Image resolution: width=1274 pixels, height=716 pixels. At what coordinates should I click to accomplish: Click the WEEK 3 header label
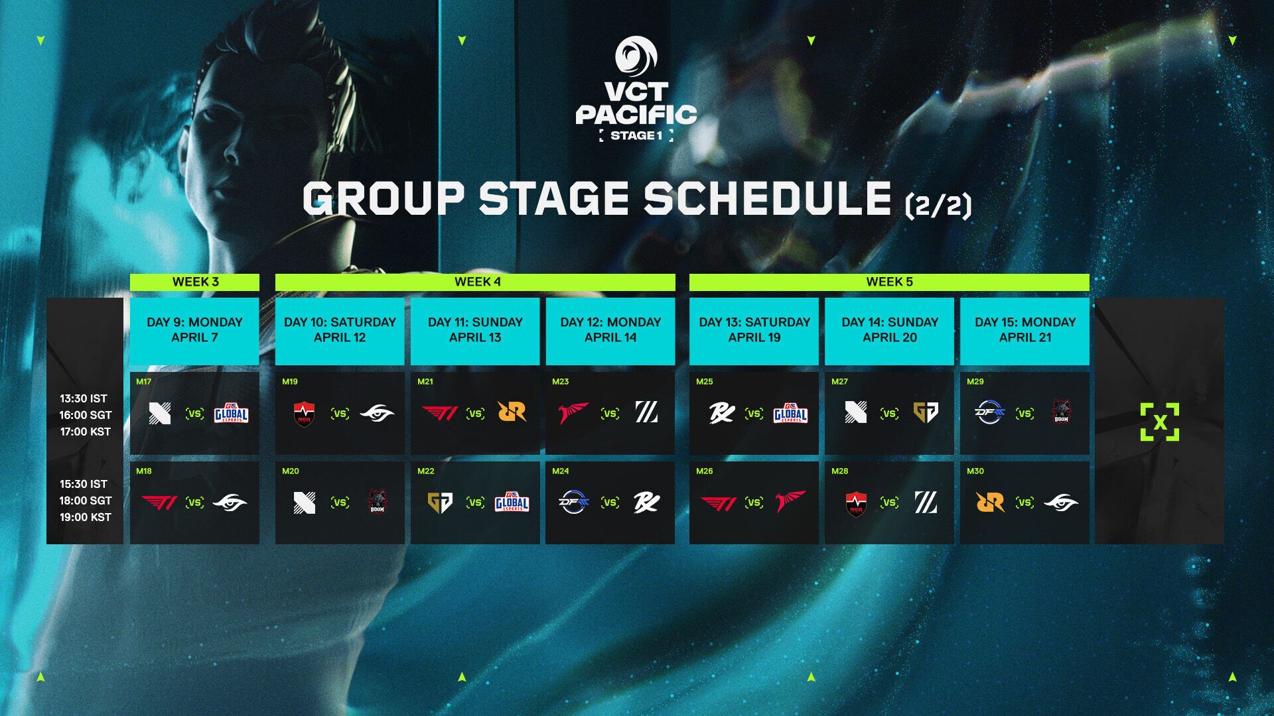pyautogui.click(x=195, y=282)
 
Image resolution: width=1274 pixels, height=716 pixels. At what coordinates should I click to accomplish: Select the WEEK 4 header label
pyautogui.click(x=477, y=282)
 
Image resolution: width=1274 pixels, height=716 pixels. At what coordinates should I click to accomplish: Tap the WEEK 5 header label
pyautogui.click(x=889, y=282)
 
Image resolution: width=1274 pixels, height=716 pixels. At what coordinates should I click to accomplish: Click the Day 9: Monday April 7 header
pyautogui.click(x=194, y=329)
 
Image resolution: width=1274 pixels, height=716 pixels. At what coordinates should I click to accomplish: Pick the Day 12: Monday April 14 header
pyautogui.click(x=610, y=329)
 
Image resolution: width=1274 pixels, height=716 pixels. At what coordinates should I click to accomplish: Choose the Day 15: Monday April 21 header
pyautogui.click(x=1025, y=329)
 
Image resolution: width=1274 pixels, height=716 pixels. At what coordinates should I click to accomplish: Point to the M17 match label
pyautogui.click(x=143, y=382)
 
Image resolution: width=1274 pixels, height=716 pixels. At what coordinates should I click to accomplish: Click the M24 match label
pyautogui.click(x=560, y=471)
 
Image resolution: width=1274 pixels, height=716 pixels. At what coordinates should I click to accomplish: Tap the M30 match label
pyautogui.click(x=975, y=471)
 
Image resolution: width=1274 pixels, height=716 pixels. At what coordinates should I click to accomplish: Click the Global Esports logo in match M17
pyautogui.click(x=231, y=414)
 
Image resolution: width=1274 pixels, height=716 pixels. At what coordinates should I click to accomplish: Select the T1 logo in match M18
pyautogui.click(x=159, y=503)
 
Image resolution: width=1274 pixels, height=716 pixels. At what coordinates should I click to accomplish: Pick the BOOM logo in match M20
pyautogui.click(x=377, y=502)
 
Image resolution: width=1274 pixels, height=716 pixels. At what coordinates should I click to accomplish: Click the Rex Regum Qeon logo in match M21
pyautogui.click(x=512, y=412)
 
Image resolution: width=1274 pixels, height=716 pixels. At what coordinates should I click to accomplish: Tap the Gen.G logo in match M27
pyautogui.click(x=926, y=413)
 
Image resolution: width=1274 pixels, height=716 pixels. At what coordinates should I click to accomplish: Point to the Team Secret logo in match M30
pyautogui.click(x=1060, y=503)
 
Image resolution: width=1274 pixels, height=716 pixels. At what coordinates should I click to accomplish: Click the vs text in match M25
pyautogui.click(x=754, y=414)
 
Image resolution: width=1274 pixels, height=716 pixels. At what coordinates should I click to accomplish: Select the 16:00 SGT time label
pyautogui.click(x=86, y=415)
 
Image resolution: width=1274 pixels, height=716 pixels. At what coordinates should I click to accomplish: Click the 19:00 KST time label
pyautogui.click(x=86, y=517)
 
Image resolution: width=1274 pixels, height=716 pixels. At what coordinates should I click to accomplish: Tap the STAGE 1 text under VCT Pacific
pyautogui.click(x=636, y=136)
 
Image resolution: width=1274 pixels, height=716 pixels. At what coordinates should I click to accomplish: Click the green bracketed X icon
pyautogui.click(x=1160, y=422)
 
